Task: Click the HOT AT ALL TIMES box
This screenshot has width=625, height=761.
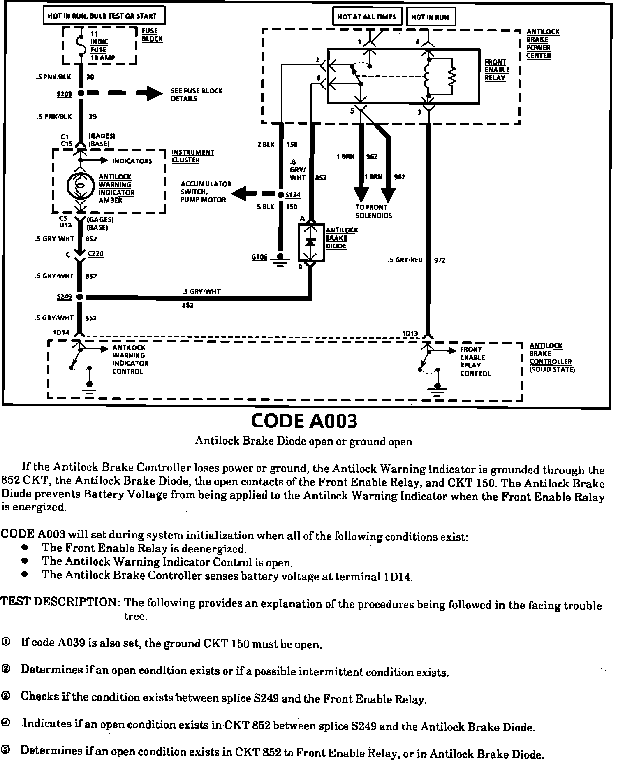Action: click(x=366, y=17)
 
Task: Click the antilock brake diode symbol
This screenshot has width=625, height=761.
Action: click(x=311, y=242)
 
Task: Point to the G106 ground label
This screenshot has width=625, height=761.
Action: click(x=259, y=257)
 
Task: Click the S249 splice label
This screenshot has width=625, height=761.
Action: click(x=64, y=297)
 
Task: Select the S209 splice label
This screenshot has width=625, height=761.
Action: click(x=64, y=94)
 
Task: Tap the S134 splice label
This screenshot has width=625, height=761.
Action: click(x=292, y=195)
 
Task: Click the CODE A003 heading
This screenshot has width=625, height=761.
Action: click(x=304, y=421)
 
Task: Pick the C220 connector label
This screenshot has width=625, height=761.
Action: click(x=95, y=254)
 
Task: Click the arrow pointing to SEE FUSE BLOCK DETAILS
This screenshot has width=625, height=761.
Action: click(x=149, y=93)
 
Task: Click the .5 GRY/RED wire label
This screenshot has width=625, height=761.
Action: click(x=405, y=260)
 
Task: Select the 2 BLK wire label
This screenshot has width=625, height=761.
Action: click(x=266, y=144)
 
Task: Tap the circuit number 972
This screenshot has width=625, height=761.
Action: click(x=440, y=260)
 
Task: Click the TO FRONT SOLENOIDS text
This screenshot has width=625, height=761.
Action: click(x=373, y=211)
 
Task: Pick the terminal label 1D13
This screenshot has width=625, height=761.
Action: click(x=410, y=333)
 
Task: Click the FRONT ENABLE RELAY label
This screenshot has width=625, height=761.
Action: click(x=497, y=70)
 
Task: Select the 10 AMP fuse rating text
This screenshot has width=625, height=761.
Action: click(x=103, y=58)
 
